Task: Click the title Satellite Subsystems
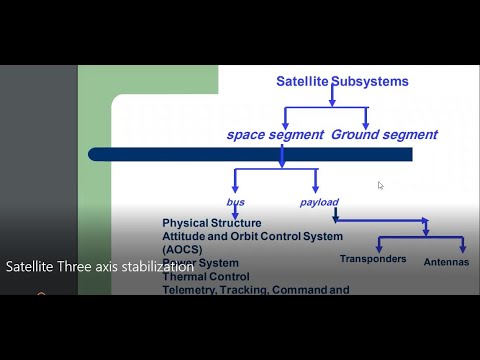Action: [x=342, y=82]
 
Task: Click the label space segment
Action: [x=274, y=134]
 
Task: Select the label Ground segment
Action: [x=384, y=134]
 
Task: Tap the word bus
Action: [x=236, y=202]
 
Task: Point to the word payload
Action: [x=318, y=202]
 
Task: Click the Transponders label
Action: [x=373, y=259]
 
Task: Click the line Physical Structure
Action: [x=212, y=223]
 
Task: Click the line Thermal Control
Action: [x=206, y=277]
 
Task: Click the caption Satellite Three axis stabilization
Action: [x=100, y=268]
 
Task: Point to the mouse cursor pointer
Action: [x=380, y=185]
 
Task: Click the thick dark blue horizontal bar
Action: [x=250, y=154]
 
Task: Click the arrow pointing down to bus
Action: [x=234, y=189]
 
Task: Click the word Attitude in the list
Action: [x=187, y=236]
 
